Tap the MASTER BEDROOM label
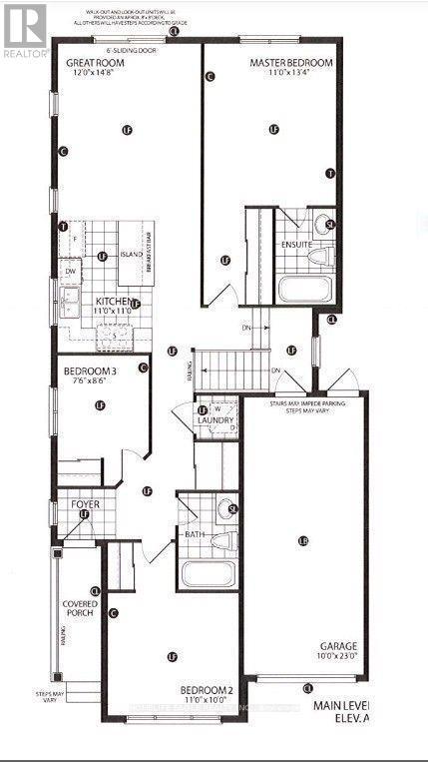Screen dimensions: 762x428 (290, 62)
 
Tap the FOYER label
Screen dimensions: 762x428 (85, 504)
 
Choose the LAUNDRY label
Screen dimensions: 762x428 (215, 421)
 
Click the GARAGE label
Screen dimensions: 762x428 (340, 646)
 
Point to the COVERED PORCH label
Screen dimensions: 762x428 (79, 608)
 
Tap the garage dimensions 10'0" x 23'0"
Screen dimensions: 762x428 (340, 656)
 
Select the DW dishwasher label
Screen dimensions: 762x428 (70, 271)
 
